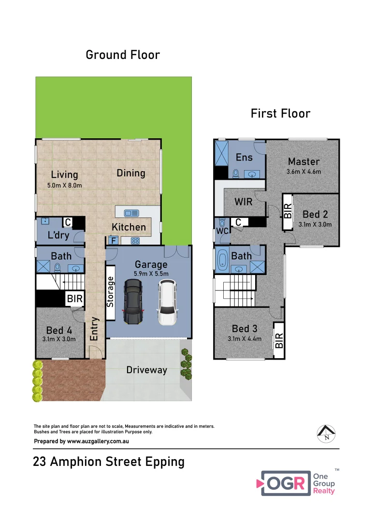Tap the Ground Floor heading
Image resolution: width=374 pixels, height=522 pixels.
point(123,55)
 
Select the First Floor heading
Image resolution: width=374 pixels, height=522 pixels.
point(280,114)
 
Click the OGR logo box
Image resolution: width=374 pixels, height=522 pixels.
point(286,483)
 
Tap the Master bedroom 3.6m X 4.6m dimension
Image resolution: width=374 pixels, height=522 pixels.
point(304,172)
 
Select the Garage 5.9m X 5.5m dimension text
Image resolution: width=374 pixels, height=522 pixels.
point(151,274)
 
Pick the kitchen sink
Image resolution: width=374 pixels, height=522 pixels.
point(131,213)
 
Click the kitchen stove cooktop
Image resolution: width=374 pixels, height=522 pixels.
point(135,241)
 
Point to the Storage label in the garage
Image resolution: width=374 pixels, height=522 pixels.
point(110,291)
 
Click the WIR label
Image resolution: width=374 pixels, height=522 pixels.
point(244,202)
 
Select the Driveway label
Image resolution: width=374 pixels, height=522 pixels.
point(146,370)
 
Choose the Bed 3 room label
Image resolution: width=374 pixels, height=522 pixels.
point(244,329)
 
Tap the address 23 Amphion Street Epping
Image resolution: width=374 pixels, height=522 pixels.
point(109,462)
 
